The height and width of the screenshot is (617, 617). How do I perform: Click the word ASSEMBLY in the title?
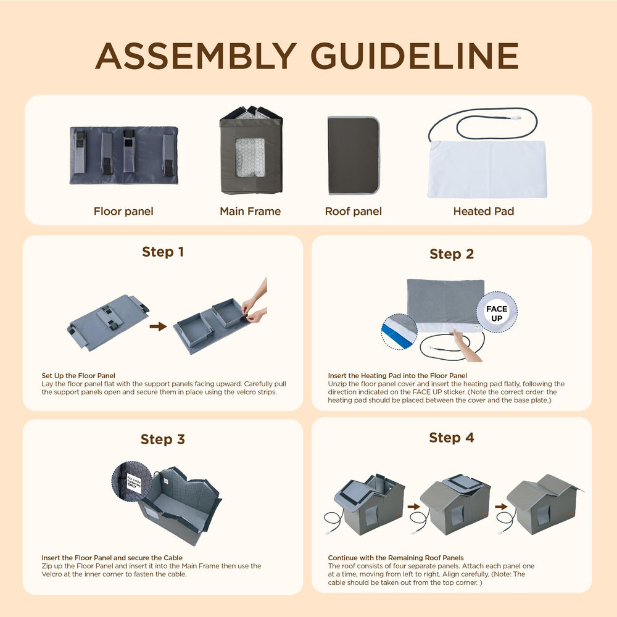point(196,56)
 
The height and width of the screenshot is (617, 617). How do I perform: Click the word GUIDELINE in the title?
point(415,56)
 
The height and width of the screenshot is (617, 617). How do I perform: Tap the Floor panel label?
point(123,211)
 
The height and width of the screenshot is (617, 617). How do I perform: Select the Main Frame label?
point(251,211)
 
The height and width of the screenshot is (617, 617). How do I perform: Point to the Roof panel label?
point(354,211)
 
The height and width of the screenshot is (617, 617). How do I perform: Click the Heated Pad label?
point(484,211)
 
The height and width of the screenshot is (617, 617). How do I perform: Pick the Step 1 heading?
point(163,252)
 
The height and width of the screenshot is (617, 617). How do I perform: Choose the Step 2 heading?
point(452,254)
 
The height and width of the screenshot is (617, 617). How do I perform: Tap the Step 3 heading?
point(163,439)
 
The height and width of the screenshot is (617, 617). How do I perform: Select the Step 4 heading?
point(452,437)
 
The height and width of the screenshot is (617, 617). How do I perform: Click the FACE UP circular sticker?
point(497,312)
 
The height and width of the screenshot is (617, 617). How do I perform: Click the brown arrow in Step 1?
point(158,326)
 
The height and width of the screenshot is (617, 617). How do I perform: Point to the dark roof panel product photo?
point(354,155)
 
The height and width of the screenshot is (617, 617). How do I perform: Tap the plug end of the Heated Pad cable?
point(518,117)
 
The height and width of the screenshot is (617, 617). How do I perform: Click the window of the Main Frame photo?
point(250,157)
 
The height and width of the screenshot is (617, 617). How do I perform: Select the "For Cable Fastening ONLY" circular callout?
point(132,481)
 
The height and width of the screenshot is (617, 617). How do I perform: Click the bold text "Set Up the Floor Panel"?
point(78,376)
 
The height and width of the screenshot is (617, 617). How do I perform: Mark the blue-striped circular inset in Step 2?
point(399,332)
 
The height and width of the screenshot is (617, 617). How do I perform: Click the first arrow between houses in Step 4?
point(414,507)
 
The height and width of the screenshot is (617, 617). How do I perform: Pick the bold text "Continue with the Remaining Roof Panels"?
point(396,558)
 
